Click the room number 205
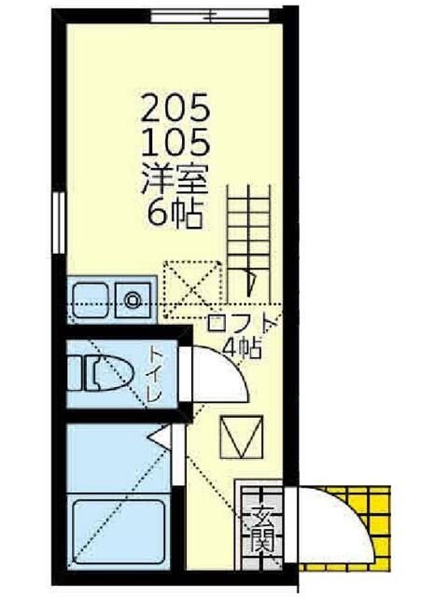point(175,108)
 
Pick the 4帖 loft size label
point(243,348)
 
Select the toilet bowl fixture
point(100,374)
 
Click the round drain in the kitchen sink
point(133,300)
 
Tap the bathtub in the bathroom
point(119,533)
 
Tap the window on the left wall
point(59,223)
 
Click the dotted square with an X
point(192,290)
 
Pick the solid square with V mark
point(242,437)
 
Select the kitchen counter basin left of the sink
point(91,300)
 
